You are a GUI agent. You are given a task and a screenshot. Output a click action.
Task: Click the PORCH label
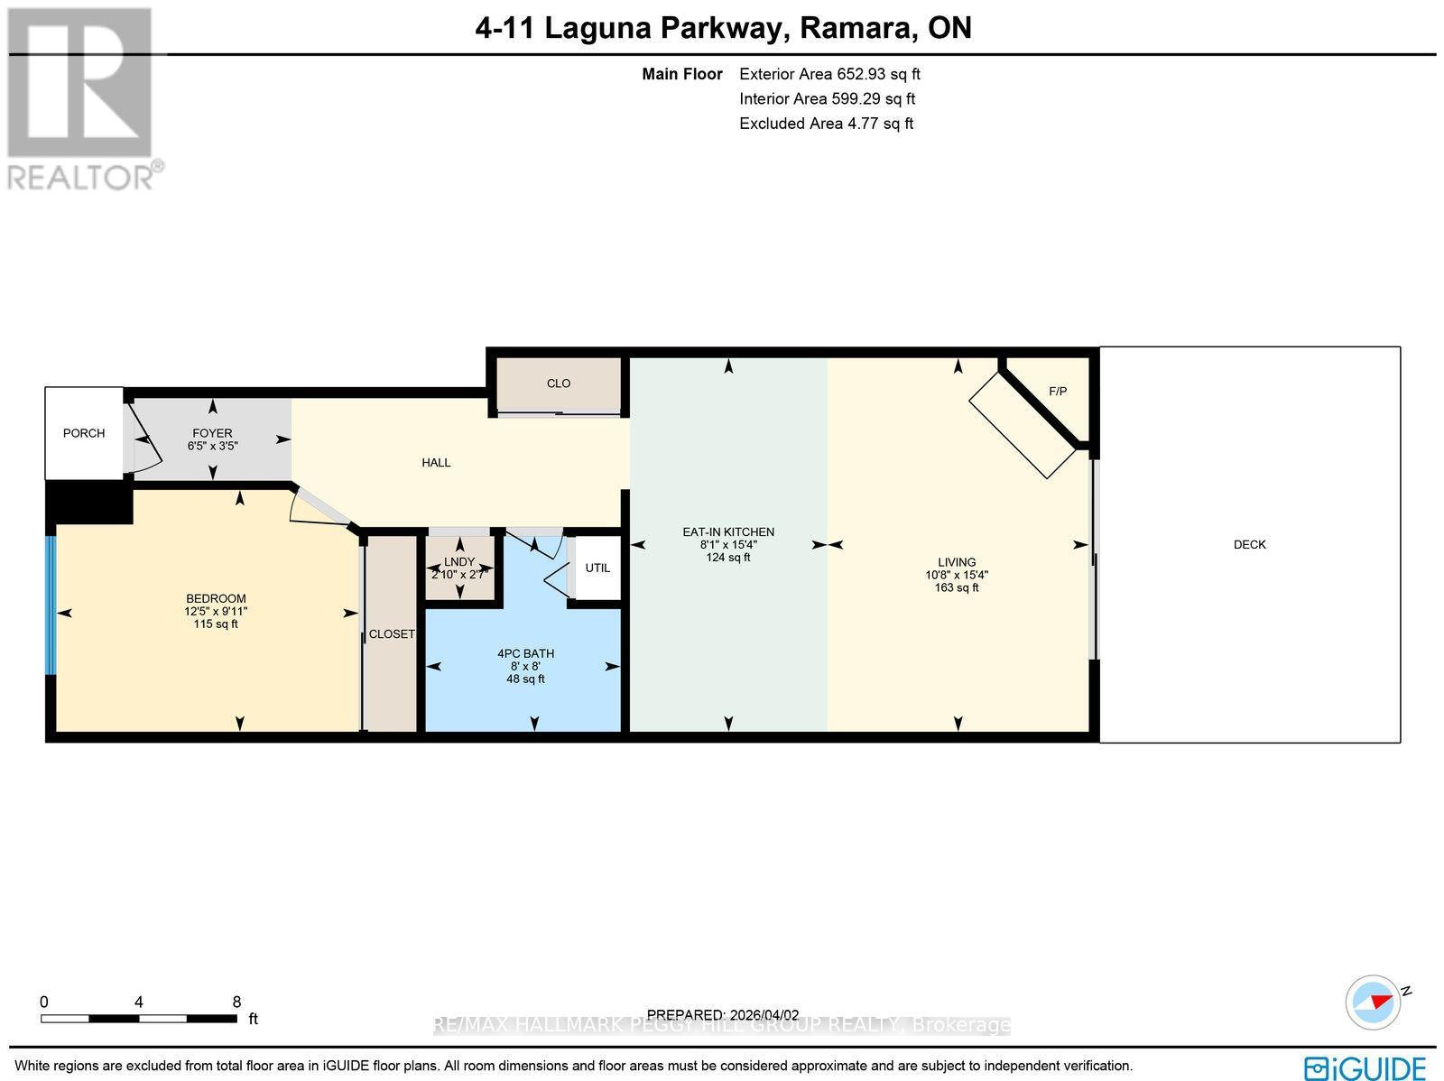click(x=83, y=433)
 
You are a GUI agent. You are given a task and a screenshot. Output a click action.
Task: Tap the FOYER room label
click(x=212, y=433)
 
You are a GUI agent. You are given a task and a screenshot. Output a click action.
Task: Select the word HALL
click(x=436, y=463)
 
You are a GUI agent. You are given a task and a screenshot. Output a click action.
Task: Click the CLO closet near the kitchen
click(x=559, y=383)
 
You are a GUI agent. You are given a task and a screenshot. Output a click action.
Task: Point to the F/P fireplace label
click(x=1058, y=392)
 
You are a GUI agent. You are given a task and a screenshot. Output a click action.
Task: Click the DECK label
click(x=1249, y=545)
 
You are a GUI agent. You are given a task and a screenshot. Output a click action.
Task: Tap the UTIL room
click(x=597, y=568)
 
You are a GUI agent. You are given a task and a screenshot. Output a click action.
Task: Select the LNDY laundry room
click(x=459, y=562)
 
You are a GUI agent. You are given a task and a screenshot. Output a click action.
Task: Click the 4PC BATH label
click(x=525, y=653)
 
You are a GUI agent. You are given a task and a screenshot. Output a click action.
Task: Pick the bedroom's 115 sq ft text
click(x=216, y=624)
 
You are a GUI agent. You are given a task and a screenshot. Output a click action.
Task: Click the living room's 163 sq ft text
click(x=957, y=588)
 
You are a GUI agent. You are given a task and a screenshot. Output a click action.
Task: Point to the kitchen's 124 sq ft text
click(x=727, y=558)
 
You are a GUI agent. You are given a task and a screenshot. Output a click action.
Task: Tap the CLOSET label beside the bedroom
click(x=392, y=634)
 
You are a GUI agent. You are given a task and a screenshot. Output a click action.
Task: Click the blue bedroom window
click(x=51, y=605)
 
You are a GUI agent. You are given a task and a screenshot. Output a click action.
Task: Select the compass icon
click(x=1373, y=1002)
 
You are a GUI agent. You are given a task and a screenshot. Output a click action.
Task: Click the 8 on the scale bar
click(x=236, y=1002)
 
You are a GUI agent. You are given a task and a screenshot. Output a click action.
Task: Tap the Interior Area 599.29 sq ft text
click(x=827, y=99)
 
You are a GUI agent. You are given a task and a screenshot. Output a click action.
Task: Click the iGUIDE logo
click(x=1365, y=1068)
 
